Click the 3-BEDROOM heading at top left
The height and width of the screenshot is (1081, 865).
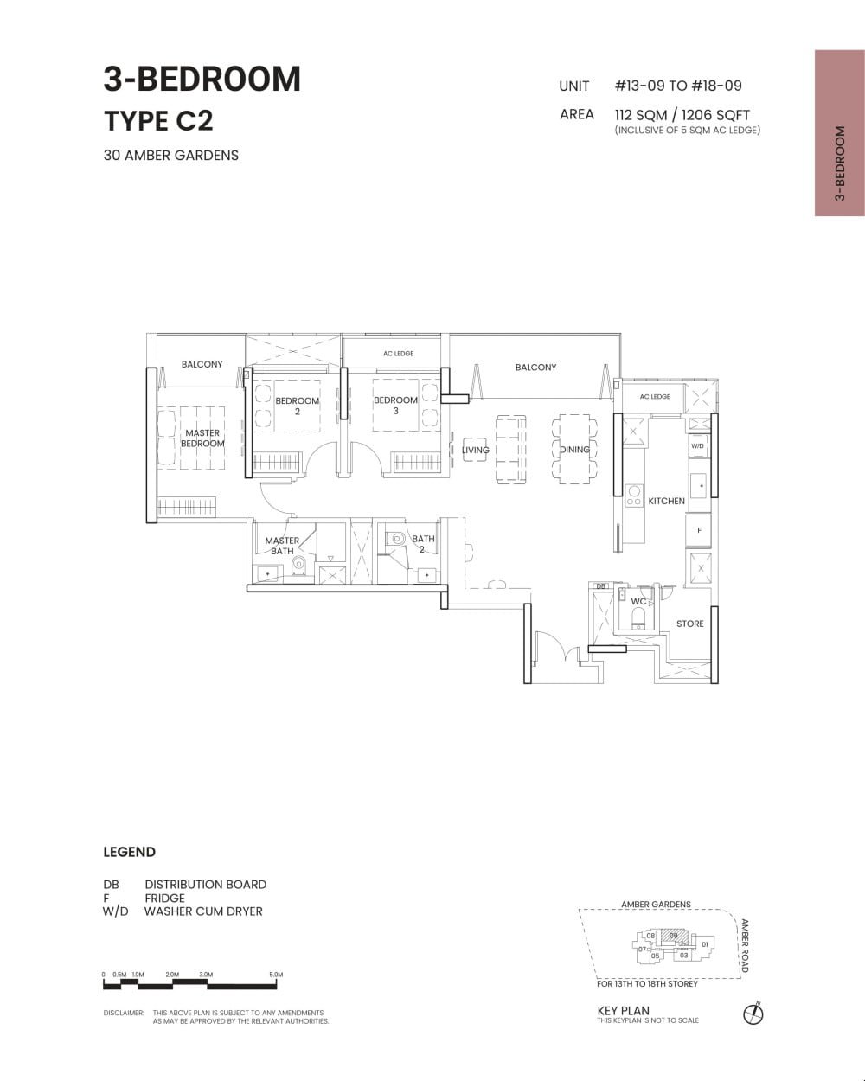tap(202, 79)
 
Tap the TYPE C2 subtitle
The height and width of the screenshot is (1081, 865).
tap(158, 121)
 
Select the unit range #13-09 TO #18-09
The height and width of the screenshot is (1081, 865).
tap(677, 86)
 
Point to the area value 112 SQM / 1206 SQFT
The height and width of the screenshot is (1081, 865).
tap(682, 114)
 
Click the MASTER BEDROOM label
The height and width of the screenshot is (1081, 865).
tap(202, 438)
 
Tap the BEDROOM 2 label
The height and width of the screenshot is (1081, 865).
tap(297, 406)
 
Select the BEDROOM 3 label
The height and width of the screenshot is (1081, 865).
tap(395, 405)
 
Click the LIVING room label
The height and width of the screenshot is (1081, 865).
tap(475, 450)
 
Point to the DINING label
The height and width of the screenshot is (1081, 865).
tap(574, 450)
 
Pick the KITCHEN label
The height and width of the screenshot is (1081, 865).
tap(666, 501)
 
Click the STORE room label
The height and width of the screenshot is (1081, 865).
tap(689, 624)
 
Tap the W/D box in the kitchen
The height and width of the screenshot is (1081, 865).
tap(697, 445)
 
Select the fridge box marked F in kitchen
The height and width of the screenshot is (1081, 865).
tap(698, 530)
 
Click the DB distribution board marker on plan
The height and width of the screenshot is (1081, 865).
tap(601, 587)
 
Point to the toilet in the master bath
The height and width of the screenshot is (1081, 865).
tap(298, 566)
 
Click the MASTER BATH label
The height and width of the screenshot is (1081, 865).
tap(282, 546)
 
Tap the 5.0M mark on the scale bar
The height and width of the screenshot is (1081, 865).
tap(276, 975)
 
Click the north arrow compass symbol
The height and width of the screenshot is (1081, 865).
tap(753, 1014)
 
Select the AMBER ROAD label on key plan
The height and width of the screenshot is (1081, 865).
tap(744, 945)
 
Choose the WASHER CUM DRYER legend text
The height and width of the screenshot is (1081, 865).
tap(203, 911)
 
